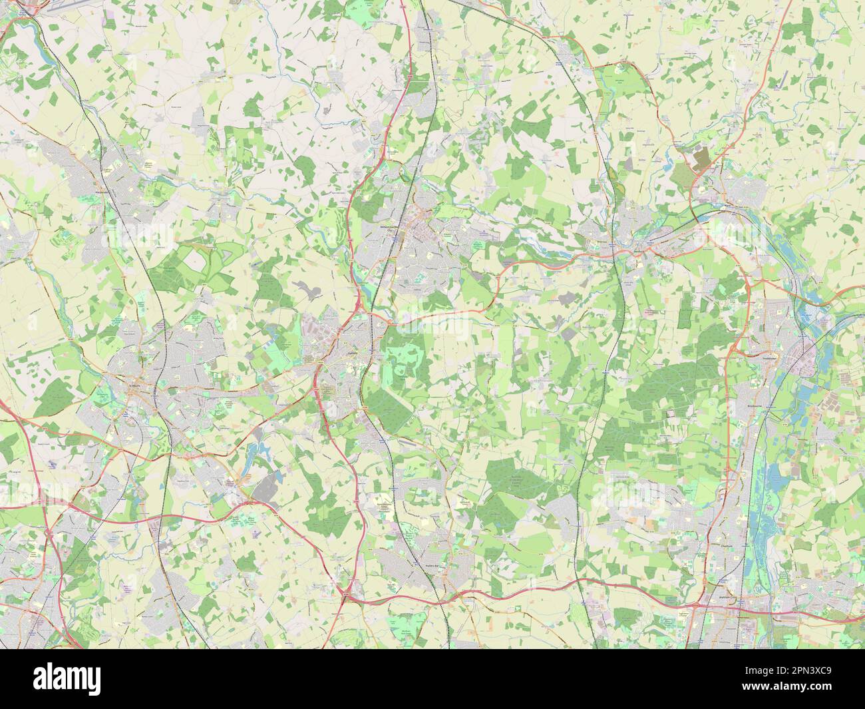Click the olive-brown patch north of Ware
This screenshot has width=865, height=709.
pyautogui.click(x=701, y=158)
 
